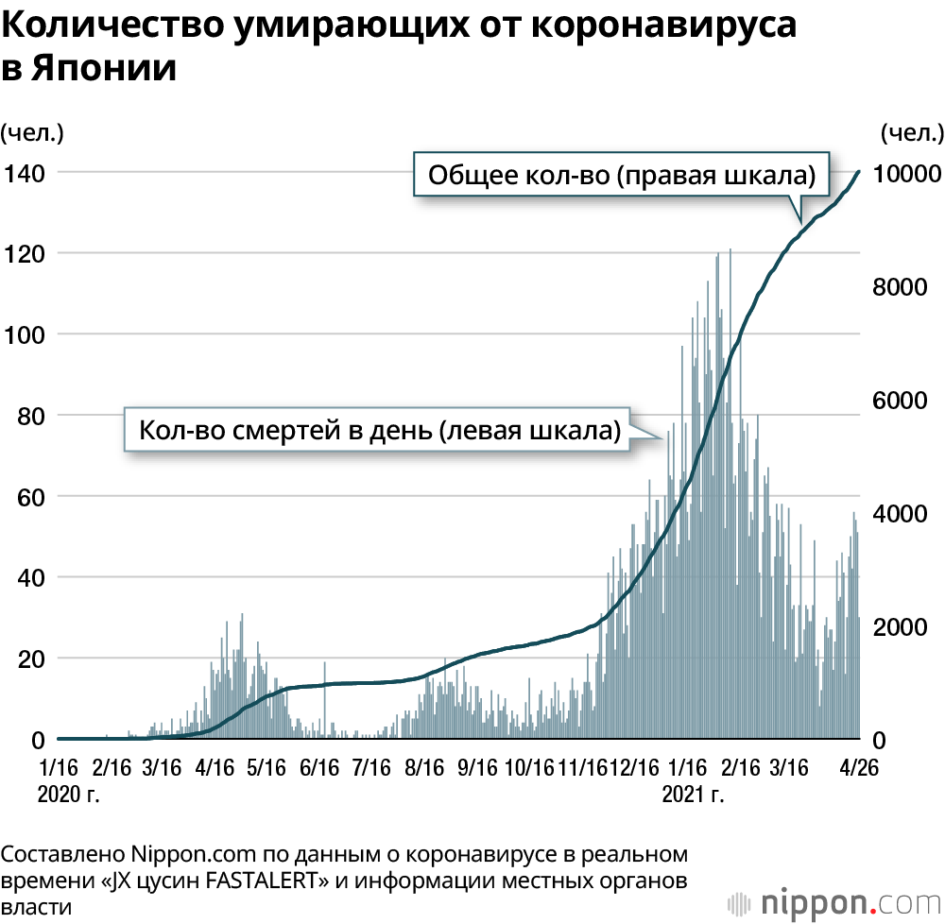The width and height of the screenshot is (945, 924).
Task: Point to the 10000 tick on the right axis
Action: tap(904, 173)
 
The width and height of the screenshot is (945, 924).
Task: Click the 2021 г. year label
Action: tap(694, 793)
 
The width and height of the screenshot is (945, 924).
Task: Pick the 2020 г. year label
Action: tap(67, 793)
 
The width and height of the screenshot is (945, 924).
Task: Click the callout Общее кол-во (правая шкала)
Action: tap(622, 176)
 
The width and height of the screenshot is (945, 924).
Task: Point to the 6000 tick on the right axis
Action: tap(895, 402)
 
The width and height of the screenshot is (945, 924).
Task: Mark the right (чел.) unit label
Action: tap(911, 131)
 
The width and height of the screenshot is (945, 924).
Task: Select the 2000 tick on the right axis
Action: tap(895, 627)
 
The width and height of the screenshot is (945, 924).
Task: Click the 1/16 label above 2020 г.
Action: tap(60, 766)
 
